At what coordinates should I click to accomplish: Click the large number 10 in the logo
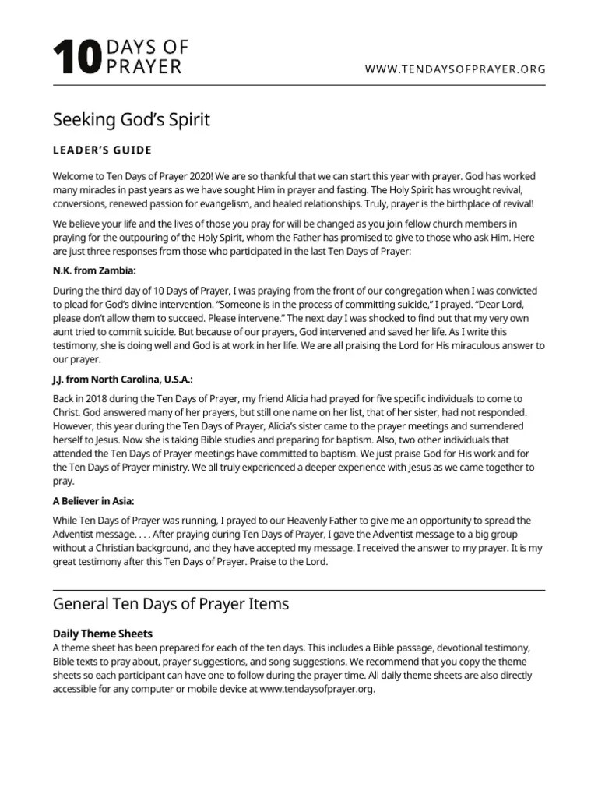pos(76,60)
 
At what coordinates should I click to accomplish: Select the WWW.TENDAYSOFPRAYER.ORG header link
pos(456,70)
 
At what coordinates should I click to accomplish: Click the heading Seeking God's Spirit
pos(131,120)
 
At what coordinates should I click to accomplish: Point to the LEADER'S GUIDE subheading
pos(102,150)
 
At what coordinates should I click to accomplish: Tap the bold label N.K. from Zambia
pos(94,270)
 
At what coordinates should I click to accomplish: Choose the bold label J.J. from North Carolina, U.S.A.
pos(123,380)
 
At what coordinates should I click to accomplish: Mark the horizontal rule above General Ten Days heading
pos(299,590)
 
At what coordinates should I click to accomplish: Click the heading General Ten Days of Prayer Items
pos(171,604)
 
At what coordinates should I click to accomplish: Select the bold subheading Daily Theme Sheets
pos(102,634)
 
